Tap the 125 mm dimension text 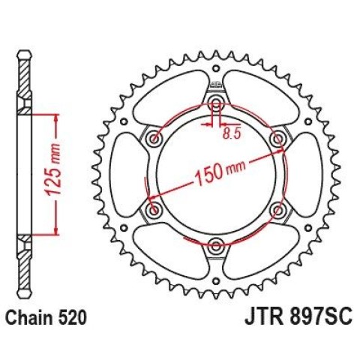pyautogui.click(x=53, y=169)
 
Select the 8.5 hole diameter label pyautogui.click(x=232, y=133)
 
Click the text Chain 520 pyautogui.click(x=46, y=317)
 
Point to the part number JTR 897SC pyautogui.click(x=298, y=317)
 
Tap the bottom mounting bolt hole pyautogui.click(x=215, y=245)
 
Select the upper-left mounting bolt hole pyautogui.click(x=154, y=138)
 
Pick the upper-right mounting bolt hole pyautogui.click(x=277, y=139)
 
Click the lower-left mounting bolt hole pyautogui.click(x=154, y=209)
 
